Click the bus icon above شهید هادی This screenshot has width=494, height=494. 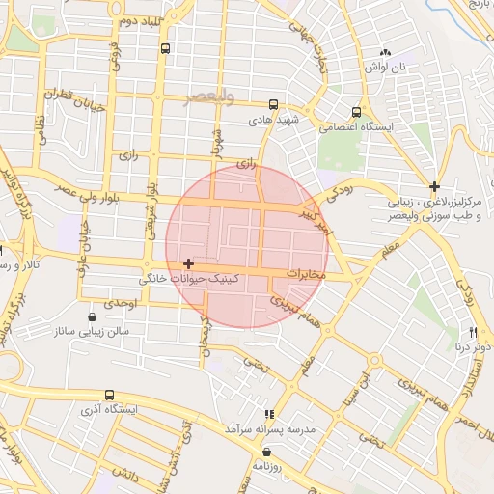tap(274, 104)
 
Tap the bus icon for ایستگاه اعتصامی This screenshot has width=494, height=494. tap(358, 112)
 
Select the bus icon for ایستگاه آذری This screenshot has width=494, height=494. tap(110, 395)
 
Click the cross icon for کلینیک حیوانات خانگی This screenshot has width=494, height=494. tap(188, 263)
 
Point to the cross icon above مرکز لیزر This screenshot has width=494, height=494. tap(435, 186)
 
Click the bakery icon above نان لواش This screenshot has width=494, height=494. tap(386, 52)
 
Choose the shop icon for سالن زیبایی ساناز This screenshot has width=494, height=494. tap(93, 316)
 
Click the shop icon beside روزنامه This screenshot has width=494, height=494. tap(266, 451)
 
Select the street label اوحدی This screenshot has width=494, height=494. tap(125, 302)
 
